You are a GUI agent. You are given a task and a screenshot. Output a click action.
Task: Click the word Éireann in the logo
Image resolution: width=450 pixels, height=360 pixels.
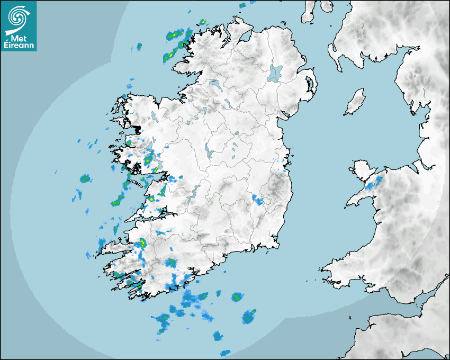20,46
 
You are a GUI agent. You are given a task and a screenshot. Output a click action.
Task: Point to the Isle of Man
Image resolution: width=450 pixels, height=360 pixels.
355,102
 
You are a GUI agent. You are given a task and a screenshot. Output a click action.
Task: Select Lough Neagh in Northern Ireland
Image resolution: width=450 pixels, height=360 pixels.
275,73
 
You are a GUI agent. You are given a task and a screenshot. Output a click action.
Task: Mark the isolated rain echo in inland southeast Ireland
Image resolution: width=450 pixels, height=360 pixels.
258,200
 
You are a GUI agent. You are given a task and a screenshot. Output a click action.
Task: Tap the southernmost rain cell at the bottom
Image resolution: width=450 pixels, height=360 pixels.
226,353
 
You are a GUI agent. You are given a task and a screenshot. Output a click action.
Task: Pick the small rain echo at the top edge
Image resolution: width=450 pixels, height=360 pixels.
242,5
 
